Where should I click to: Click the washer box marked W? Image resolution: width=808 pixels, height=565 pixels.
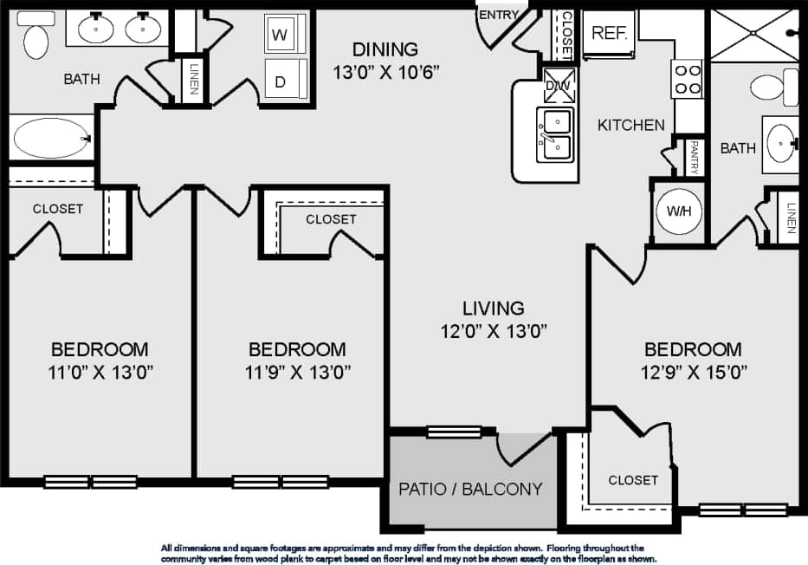(x=280, y=36)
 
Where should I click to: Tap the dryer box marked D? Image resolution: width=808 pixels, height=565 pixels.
(x=280, y=81)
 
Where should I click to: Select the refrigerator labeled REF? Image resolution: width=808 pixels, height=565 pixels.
(x=610, y=33)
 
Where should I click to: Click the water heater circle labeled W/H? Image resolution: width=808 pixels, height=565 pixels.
(x=677, y=211)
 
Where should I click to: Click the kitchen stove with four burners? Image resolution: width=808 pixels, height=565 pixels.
(x=687, y=79)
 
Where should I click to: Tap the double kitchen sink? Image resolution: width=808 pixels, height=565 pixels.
(x=554, y=135)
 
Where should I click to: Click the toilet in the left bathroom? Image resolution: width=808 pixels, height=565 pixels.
(x=36, y=39)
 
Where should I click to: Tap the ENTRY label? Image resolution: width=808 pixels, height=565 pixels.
(x=498, y=15)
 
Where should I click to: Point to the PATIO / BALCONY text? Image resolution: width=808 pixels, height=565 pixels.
(x=470, y=489)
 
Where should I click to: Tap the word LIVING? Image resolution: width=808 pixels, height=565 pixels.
(x=493, y=308)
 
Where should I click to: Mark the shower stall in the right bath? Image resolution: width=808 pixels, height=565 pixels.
(x=752, y=35)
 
